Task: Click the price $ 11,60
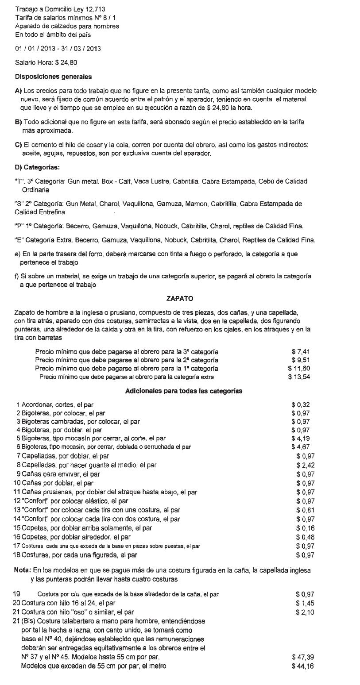pos(299,369)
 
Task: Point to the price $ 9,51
pos(300,360)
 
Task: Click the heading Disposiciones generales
pos(53,77)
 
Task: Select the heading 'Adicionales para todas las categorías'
pos(183,391)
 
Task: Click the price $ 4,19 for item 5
pos(300,439)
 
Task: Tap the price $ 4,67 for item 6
pos(300,447)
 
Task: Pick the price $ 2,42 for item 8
pos(305,465)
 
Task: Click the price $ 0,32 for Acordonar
pos(300,404)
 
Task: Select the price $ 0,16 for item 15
pos(305,528)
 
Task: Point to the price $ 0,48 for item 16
pos(305,537)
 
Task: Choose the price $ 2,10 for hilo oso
pos(305,612)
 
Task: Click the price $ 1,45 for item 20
pos(305,603)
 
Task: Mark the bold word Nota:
pos(23,570)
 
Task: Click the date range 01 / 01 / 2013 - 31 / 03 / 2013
pos(58,48)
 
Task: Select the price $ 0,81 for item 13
pos(305,510)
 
